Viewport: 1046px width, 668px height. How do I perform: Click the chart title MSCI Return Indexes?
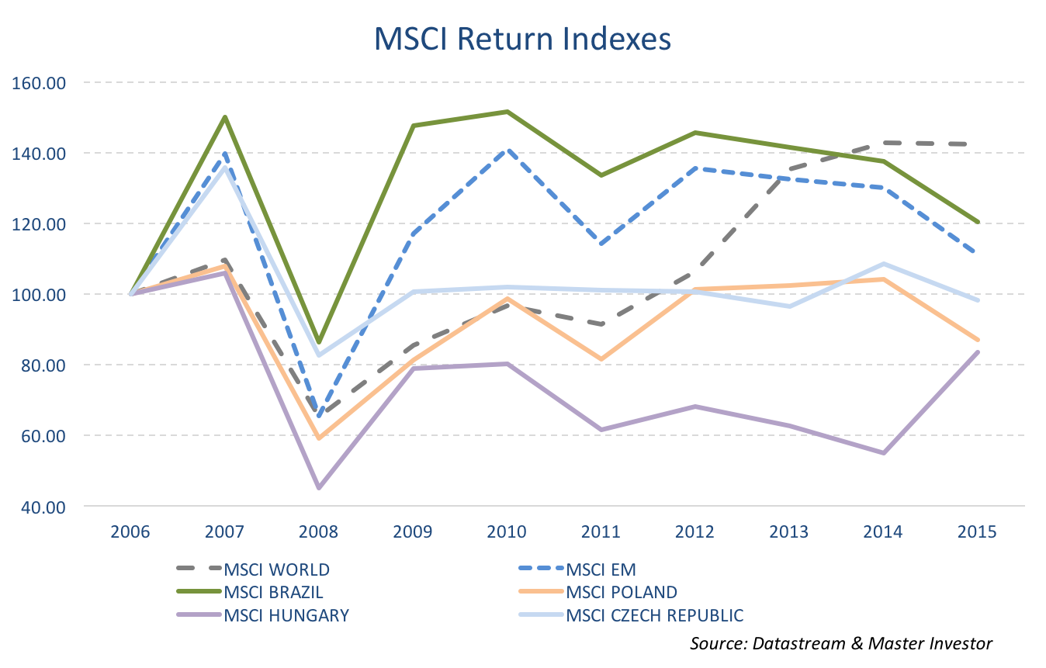522,39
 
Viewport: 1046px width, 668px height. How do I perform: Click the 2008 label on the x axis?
319,531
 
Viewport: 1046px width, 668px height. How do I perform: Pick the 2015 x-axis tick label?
976,531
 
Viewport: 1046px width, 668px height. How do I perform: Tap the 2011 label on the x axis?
601,531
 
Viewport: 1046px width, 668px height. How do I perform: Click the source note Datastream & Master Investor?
841,643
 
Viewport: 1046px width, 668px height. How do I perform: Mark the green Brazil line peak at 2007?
225,117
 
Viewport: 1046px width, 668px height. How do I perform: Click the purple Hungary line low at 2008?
319,488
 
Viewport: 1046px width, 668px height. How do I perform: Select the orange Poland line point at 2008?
319,438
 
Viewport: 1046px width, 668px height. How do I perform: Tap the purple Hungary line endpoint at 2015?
977,352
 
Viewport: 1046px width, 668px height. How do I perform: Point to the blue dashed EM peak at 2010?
507,151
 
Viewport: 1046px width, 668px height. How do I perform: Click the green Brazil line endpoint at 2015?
977,222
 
